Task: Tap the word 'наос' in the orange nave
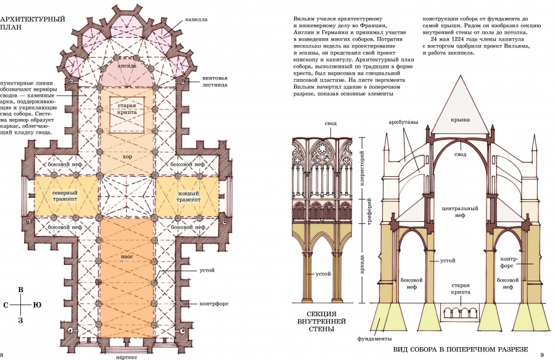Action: tap(126, 255)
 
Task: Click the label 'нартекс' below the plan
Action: tap(128, 356)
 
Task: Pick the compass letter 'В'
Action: tap(20, 289)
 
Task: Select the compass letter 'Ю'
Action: tap(38, 305)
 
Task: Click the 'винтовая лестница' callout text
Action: tap(215, 81)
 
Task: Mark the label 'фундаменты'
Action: tap(374, 338)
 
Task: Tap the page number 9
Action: tap(541, 354)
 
